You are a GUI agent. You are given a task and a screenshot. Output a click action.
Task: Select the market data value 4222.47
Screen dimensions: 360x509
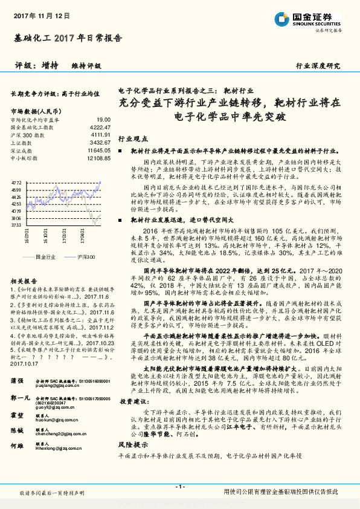99,128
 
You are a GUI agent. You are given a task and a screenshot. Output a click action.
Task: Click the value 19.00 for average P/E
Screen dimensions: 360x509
103,120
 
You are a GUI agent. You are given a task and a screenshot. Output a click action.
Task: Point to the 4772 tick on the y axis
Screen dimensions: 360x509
17,181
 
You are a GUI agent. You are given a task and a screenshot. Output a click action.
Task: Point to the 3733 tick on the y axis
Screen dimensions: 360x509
17,225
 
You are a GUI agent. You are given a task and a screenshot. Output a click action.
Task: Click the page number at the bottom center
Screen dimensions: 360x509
179,487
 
